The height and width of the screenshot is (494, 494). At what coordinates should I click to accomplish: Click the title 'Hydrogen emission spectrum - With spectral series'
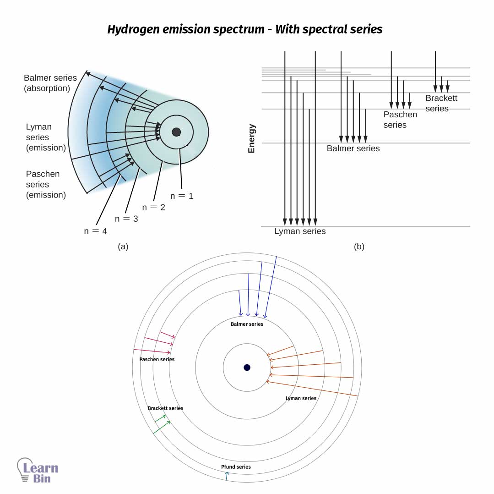244,29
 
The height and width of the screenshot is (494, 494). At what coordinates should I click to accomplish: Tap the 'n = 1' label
182,196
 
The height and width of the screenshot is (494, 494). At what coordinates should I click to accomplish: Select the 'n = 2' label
153,207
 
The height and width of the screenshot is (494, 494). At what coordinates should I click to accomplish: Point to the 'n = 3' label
126,219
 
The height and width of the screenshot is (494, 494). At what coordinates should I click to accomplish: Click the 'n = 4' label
95,231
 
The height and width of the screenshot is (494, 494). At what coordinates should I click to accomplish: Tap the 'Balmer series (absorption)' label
50,83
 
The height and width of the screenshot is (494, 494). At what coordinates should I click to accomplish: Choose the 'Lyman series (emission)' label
45,137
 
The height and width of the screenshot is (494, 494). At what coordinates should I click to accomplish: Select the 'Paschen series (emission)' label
45,184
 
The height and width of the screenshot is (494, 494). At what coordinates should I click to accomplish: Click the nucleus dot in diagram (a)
176,132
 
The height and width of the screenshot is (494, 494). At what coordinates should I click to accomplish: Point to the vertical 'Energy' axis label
251,138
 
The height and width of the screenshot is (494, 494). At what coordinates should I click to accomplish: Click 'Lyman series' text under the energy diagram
300,231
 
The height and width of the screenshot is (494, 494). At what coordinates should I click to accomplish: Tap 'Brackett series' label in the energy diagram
441,103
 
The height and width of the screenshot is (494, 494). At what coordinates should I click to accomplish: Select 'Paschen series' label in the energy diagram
400,120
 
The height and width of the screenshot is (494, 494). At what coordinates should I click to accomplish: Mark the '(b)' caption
359,247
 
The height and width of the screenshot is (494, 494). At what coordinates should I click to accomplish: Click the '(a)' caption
123,247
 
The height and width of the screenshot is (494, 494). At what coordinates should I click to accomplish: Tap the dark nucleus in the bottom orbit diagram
247,368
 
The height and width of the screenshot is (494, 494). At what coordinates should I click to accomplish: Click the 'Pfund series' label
236,467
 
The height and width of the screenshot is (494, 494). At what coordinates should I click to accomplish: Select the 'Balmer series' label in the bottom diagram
247,324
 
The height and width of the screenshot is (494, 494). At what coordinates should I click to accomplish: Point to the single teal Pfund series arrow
226,476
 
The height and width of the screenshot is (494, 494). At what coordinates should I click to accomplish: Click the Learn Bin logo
38,470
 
